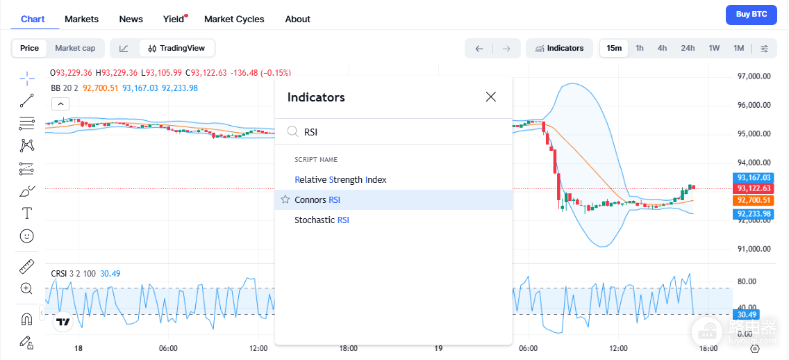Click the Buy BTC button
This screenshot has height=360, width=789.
pyautogui.click(x=751, y=15)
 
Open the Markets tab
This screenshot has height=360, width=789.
pyautogui.click(x=81, y=19)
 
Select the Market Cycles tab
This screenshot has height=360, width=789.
pyautogui.click(x=234, y=19)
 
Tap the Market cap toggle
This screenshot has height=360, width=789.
pyautogui.click(x=75, y=49)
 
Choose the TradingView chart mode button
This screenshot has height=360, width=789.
pyautogui.click(x=176, y=49)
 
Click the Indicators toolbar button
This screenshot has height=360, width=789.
pyautogui.click(x=560, y=49)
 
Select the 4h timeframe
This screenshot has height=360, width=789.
pyautogui.click(x=662, y=49)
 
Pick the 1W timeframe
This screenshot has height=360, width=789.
pyautogui.click(x=714, y=49)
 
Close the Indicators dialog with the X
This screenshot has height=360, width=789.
pyautogui.click(x=491, y=97)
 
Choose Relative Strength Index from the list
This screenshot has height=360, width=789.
pyautogui.click(x=340, y=179)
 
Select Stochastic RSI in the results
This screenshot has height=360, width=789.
pyautogui.click(x=322, y=220)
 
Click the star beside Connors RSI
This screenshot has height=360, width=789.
pyautogui.click(x=285, y=200)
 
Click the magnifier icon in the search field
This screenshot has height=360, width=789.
pyautogui.click(x=293, y=132)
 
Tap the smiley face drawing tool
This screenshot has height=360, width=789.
pyautogui.click(x=26, y=235)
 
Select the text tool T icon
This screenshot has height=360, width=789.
pyautogui.click(x=26, y=213)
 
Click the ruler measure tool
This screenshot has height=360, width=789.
pyautogui.click(x=26, y=266)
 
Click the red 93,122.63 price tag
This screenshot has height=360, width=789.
pyautogui.click(x=754, y=188)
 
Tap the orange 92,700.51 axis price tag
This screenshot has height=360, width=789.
pyautogui.click(x=754, y=200)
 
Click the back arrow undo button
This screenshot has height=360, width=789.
pyautogui.click(x=479, y=49)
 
